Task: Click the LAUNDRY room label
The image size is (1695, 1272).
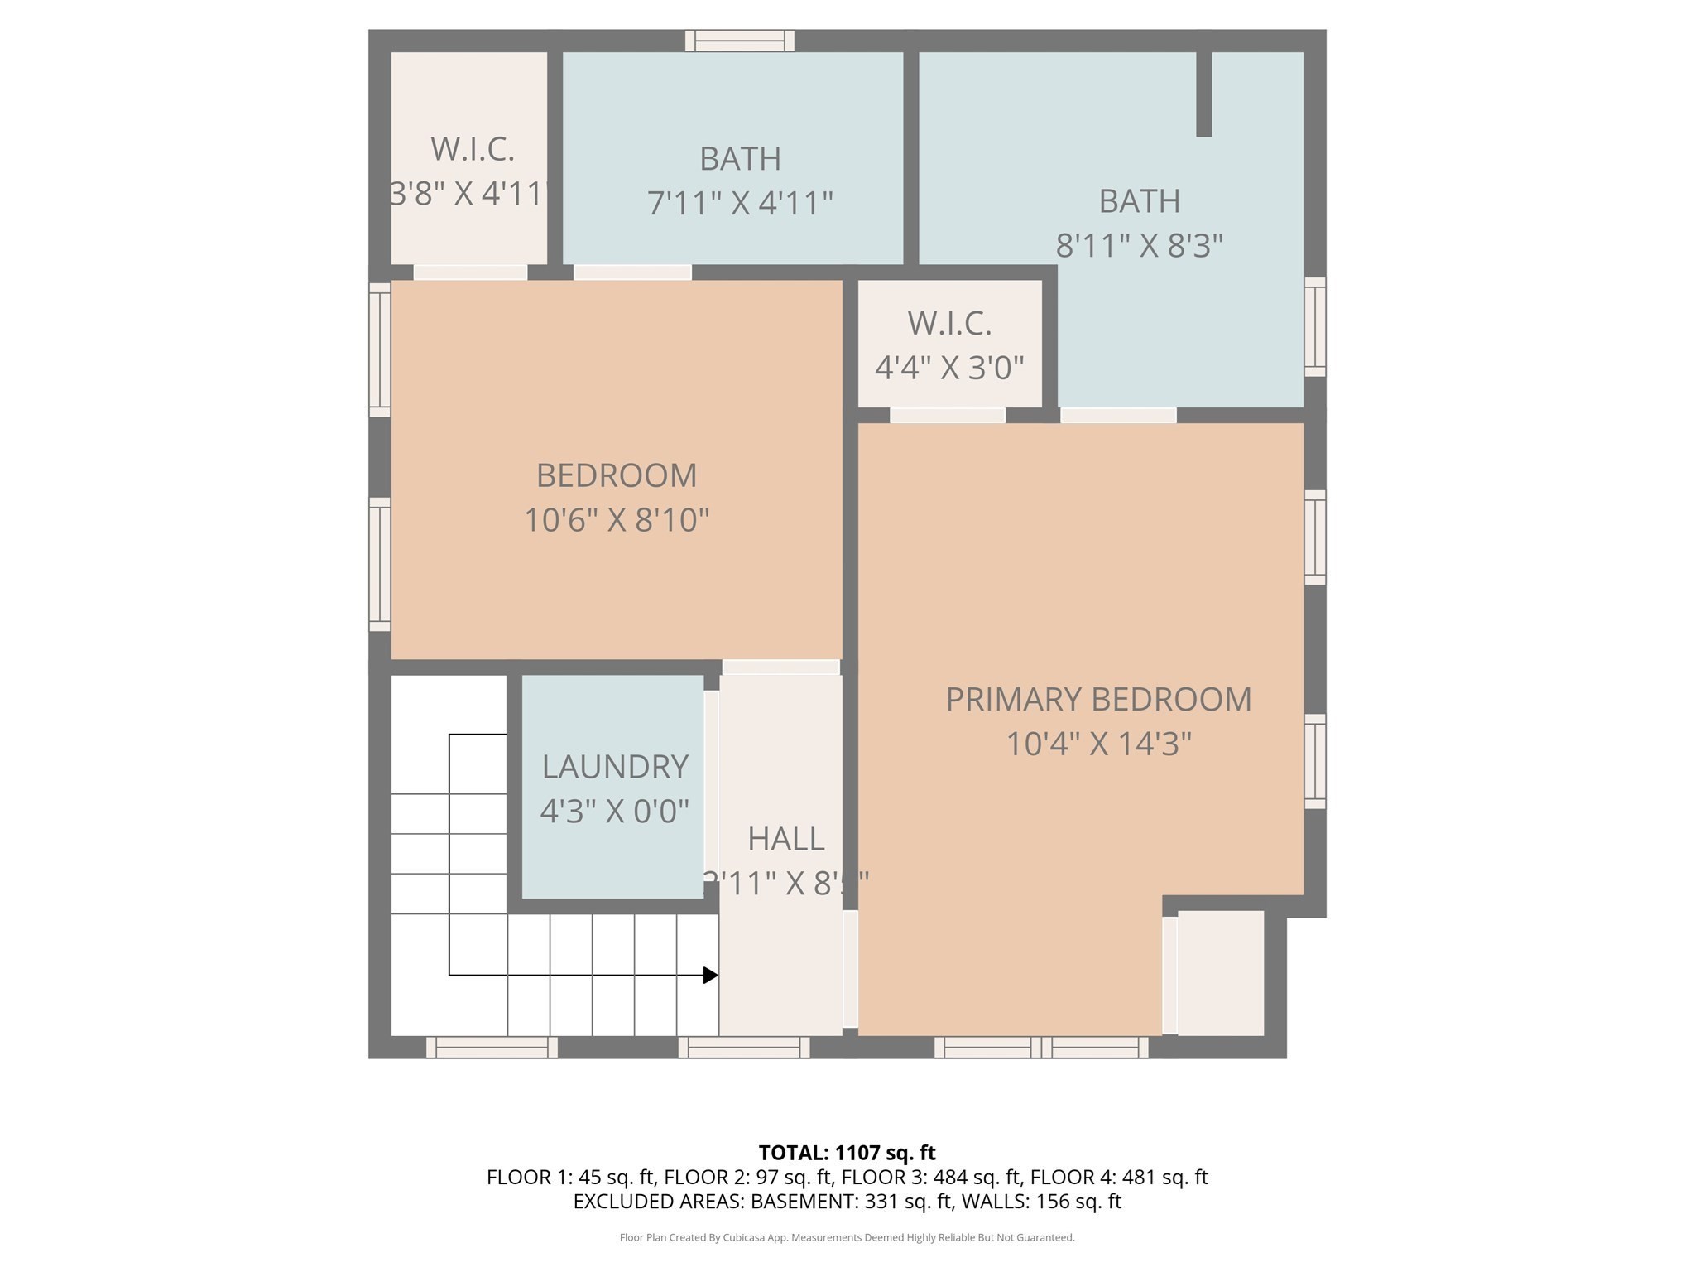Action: click(x=615, y=767)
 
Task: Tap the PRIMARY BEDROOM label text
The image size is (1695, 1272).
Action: click(x=1098, y=700)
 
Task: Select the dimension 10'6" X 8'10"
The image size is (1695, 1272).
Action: click(x=617, y=520)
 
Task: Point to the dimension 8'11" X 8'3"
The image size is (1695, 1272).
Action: click(x=1139, y=246)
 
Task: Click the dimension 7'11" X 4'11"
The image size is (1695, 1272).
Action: click(x=739, y=203)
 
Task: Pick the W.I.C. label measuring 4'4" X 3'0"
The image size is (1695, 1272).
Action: click(x=949, y=324)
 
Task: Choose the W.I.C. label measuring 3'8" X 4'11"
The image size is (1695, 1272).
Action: click(x=472, y=150)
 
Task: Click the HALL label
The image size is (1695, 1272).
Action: click(x=785, y=840)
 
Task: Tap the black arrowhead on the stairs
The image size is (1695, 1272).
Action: click(x=710, y=976)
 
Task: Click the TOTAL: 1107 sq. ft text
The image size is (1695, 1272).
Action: click(x=847, y=1153)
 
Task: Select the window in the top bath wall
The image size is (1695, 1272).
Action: click(x=740, y=41)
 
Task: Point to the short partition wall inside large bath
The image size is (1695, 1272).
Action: click(x=1204, y=94)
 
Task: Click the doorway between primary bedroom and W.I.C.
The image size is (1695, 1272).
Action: click(x=948, y=415)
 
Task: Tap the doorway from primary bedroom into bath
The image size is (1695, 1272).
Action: click(x=1118, y=415)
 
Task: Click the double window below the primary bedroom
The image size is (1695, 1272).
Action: click(x=1041, y=1048)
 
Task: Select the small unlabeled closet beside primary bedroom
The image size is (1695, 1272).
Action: click(x=1221, y=973)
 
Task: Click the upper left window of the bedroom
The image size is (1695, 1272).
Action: click(x=380, y=349)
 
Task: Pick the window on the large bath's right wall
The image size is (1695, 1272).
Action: click(x=1314, y=327)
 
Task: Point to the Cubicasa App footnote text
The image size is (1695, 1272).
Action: click(x=847, y=1237)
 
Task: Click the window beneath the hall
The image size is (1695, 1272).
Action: click(x=744, y=1048)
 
